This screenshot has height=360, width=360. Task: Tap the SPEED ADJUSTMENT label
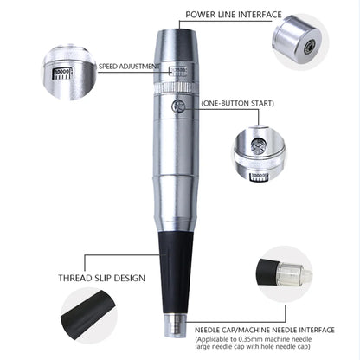pyautogui.click(x=128, y=67)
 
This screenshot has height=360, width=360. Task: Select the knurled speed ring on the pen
pyautogui.click(x=180, y=88)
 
